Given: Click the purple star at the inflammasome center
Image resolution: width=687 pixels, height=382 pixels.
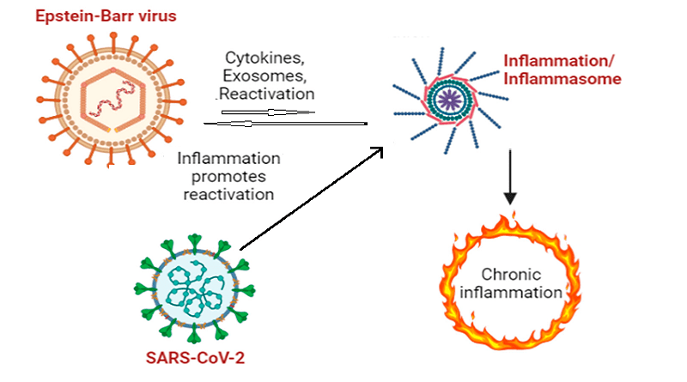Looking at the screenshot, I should [x=446, y=98].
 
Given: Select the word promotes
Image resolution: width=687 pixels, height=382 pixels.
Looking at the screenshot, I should [x=226, y=176].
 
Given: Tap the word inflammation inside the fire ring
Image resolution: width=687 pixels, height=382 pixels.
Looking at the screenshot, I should [x=511, y=293].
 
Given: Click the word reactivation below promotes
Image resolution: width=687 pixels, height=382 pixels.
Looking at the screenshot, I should [x=226, y=194].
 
